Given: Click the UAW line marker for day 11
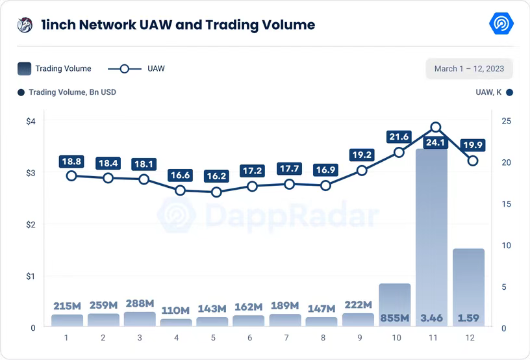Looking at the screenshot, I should point(436,127).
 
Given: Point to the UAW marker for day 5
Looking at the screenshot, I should point(217,192).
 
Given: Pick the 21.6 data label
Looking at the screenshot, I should point(398,136).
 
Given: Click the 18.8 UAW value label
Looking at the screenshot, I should point(71,161).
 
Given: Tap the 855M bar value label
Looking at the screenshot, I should point(395,318).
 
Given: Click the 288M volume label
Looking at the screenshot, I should point(140,303).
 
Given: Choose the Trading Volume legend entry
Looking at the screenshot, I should point(55,68).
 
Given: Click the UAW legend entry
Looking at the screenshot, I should point(136,68).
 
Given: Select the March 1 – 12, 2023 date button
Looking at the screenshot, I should point(469,68).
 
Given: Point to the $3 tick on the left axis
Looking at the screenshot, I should point(31,173).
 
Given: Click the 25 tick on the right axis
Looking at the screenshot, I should point(506,121).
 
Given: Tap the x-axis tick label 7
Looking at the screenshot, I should point(284,338).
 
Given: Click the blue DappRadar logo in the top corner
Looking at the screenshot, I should point(501,25).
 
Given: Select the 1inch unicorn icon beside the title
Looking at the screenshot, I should point(25,25).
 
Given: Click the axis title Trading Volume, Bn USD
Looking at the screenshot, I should point(72,92).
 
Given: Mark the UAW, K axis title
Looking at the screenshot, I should point(488,92).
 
